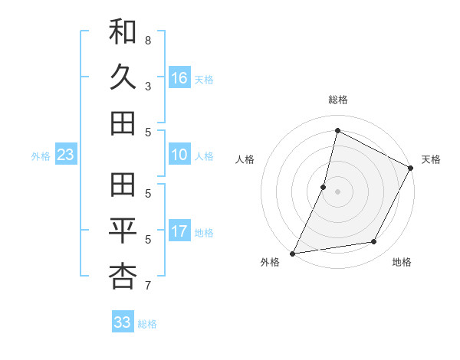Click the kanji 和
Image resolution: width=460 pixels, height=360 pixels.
tap(123, 33)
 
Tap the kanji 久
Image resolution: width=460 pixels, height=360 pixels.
tap(123, 77)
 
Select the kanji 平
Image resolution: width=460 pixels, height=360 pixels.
tap(123, 230)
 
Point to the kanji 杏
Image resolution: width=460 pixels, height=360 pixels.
tap(123, 276)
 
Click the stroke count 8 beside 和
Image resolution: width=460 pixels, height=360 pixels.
tap(147, 40)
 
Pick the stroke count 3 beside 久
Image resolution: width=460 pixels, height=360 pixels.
tap(147, 87)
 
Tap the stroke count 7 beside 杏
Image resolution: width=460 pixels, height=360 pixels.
tap(147, 286)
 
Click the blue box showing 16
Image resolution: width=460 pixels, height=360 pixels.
tap(179, 77)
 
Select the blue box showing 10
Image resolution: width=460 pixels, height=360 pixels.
tap(179, 155)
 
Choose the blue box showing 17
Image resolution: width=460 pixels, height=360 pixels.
tap(179, 232)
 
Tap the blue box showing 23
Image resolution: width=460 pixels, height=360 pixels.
tap(66, 155)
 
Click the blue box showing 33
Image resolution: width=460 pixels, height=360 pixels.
tap(123, 322)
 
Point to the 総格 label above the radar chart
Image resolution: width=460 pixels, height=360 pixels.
tap(338, 100)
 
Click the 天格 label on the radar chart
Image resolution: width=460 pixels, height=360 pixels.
tap(432, 159)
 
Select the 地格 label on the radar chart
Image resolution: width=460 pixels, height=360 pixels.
tap(402, 263)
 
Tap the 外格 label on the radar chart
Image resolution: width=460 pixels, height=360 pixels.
tap(270, 263)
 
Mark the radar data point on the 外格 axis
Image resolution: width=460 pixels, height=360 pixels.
tap(292, 254)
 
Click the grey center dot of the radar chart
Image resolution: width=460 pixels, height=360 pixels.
tap(337, 191)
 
